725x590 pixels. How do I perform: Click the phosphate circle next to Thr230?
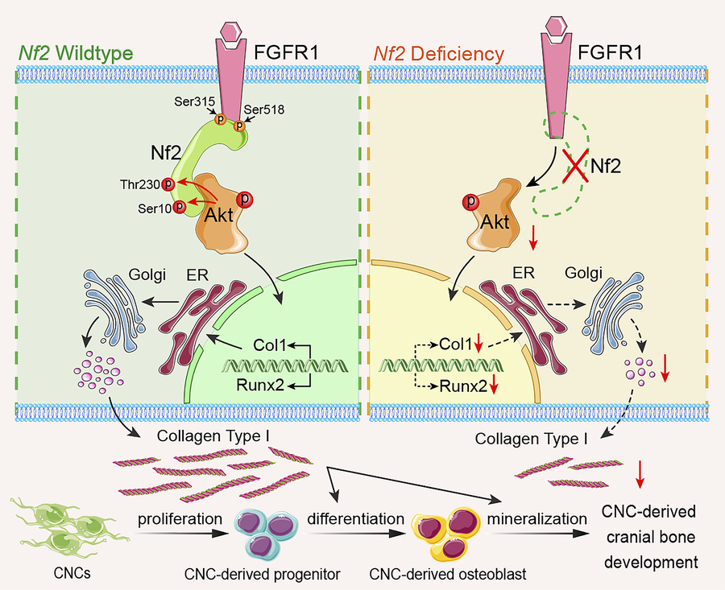(168, 184)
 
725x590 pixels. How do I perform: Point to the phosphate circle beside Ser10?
(179, 207)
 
